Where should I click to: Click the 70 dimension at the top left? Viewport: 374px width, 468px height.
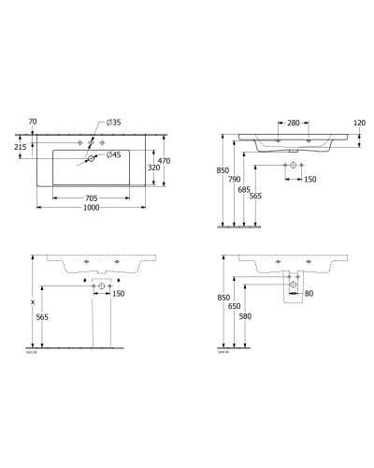[33, 122]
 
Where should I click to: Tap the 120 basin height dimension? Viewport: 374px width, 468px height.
[358, 123]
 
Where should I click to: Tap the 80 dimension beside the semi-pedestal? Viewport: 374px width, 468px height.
[310, 293]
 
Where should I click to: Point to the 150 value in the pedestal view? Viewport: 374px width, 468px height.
[118, 293]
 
